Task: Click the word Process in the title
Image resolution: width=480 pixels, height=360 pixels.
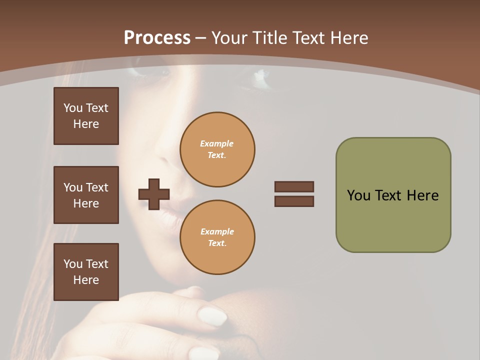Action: point(157,38)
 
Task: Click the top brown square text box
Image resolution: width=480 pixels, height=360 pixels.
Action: point(86,116)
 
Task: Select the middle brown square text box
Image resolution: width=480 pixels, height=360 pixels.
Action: point(86,195)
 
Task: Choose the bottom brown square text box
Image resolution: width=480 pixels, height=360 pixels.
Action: point(86,272)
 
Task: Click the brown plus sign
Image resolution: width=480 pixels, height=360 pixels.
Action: point(154,194)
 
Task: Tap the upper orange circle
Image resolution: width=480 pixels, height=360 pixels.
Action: point(217,149)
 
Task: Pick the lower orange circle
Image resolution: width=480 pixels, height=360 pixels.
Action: point(217,237)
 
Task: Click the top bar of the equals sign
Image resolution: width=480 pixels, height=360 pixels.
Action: point(294,186)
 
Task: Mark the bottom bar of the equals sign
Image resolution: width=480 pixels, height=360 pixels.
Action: point(294,201)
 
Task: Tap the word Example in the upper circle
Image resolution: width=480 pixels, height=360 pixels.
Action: point(217,143)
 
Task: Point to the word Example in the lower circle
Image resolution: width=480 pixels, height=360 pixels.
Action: point(217,231)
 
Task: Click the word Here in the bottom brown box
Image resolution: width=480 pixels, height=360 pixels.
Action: point(86,280)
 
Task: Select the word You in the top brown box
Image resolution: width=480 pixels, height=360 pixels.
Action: point(73,108)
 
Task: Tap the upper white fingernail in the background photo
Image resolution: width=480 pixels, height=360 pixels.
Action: point(212,315)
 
